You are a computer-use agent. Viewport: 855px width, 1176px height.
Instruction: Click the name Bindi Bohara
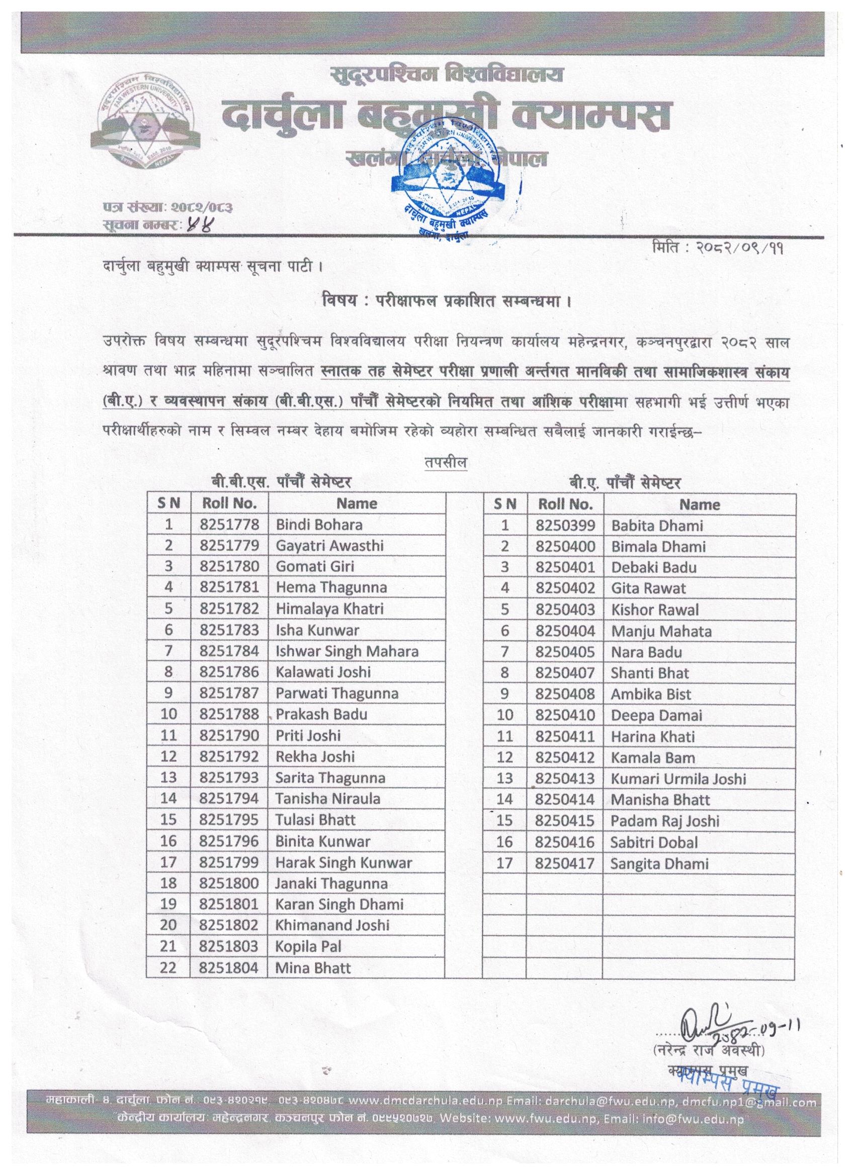tap(319, 525)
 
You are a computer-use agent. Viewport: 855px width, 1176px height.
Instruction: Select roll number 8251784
tap(229, 651)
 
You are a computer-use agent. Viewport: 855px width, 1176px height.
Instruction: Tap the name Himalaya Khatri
tap(330, 609)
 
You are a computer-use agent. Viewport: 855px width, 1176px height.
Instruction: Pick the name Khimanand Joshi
tap(332, 926)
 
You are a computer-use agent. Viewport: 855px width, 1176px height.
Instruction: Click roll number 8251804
tap(229, 968)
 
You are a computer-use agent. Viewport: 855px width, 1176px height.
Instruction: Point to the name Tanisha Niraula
tap(328, 799)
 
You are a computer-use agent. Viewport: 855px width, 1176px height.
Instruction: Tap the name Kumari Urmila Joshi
tap(678, 779)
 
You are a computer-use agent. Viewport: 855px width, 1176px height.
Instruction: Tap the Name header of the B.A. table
tap(699, 505)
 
